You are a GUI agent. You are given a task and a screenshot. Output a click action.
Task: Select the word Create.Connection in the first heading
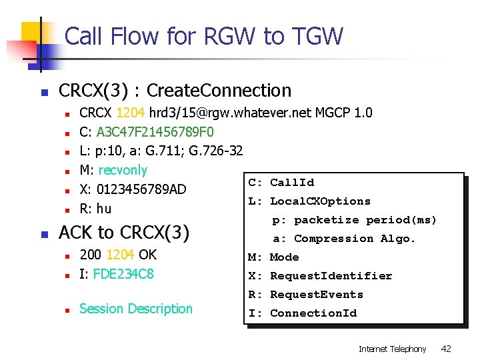pyautogui.click(x=219, y=91)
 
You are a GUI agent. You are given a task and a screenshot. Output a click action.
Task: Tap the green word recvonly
pyautogui.click(x=123, y=170)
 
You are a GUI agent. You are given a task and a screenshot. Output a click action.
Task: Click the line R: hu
pyautogui.click(x=95, y=209)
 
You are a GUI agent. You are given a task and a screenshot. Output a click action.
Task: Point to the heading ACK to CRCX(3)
pyautogui.click(x=124, y=233)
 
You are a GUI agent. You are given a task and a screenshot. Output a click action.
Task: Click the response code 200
pyautogui.click(x=91, y=255)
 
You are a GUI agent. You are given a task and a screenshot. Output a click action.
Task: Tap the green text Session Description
pyautogui.click(x=135, y=309)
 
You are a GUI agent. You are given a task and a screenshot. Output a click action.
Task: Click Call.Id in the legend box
pyautogui.click(x=292, y=183)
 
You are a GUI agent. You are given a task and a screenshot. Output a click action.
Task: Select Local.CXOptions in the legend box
pyautogui.click(x=320, y=201)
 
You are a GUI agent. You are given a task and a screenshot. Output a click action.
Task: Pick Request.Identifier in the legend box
pyautogui.click(x=331, y=276)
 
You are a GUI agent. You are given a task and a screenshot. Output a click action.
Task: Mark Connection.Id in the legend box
pyautogui.click(x=313, y=313)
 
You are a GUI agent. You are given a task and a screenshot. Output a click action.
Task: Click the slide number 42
pyautogui.click(x=447, y=349)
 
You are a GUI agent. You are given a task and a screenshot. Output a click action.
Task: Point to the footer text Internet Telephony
pyautogui.click(x=392, y=349)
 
